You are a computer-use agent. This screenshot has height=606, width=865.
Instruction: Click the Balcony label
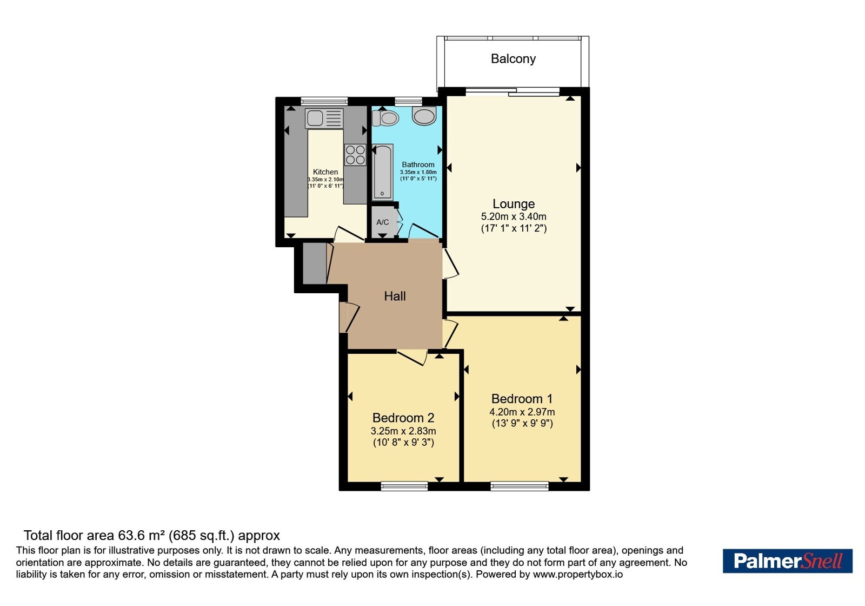click(513, 59)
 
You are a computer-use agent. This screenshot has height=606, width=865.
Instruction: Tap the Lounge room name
click(514, 203)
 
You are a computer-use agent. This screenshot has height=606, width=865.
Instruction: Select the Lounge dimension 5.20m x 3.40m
click(514, 216)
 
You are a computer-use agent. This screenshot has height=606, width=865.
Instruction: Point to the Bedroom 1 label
click(522, 398)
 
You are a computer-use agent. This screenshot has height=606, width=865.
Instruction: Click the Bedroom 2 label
click(403, 418)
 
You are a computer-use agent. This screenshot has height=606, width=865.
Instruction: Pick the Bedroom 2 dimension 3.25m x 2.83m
click(403, 431)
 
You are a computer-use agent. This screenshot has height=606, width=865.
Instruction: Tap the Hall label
click(395, 297)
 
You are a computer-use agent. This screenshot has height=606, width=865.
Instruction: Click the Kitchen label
click(325, 172)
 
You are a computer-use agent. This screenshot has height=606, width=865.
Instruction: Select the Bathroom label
click(418, 164)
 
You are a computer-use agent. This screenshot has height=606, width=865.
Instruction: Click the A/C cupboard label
click(382, 222)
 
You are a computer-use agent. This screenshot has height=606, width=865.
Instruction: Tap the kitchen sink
click(324, 118)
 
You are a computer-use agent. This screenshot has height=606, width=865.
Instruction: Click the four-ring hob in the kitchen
click(355, 155)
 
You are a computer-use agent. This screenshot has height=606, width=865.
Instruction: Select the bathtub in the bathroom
click(382, 173)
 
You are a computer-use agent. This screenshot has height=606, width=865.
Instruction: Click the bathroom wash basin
click(424, 116)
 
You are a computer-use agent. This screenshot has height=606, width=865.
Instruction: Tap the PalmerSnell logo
click(787, 561)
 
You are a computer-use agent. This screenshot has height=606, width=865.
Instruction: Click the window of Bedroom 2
click(404, 486)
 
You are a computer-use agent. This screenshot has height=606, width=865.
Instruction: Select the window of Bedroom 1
click(520, 486)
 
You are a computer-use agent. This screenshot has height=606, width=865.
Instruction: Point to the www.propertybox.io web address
click(578, 574)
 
